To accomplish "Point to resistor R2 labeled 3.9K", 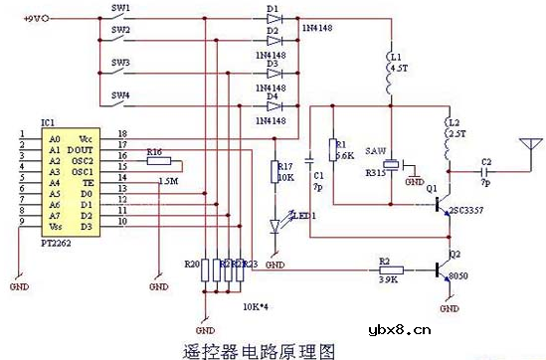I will [x=390, y=269].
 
